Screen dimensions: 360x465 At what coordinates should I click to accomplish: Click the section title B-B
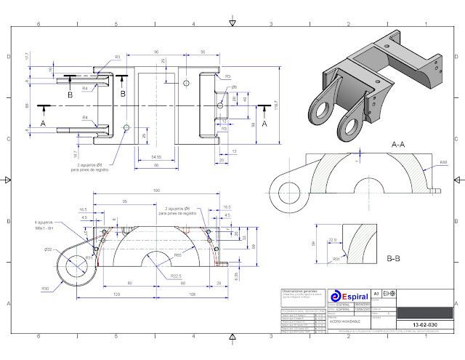(395, 257)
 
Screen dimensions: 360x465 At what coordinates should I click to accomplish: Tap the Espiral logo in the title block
(354, 297)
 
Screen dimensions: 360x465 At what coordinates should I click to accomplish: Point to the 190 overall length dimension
(157, 192)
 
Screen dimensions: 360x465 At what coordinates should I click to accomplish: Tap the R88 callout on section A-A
(443, 162)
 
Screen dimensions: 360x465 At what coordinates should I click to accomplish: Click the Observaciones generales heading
(300, 291)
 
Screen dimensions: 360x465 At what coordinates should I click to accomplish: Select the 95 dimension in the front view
(125, 201)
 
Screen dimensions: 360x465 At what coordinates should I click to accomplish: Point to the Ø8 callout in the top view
(234, 87)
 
